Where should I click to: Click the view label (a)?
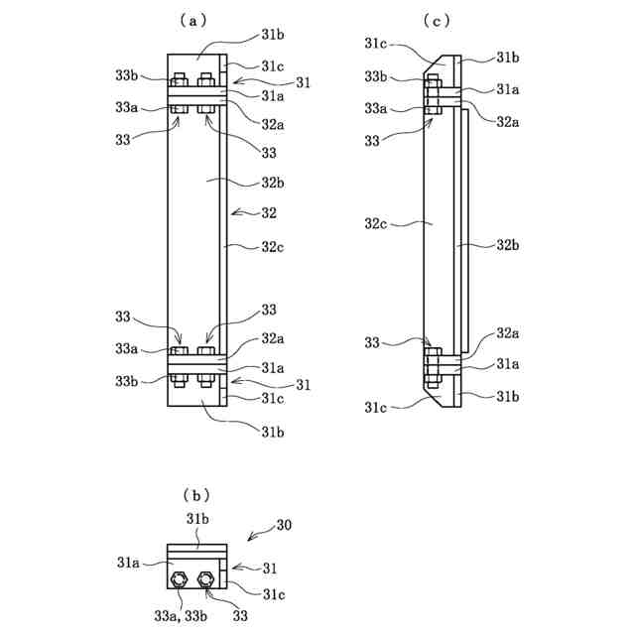[192, 20]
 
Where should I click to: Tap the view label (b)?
[196, 495]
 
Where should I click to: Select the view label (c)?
[437, 20]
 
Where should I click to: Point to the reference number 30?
[284, 525]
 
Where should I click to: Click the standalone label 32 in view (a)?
[269, 213]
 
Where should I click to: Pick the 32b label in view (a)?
[273, 183]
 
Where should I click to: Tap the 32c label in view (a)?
[273, 247]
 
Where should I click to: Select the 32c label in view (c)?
[375, 223]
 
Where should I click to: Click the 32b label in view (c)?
[508, 245]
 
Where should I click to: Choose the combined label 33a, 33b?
[181, 616]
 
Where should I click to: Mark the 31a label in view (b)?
[128, 563]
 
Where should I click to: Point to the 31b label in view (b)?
[197, 519]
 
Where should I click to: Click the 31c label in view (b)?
[274, 594]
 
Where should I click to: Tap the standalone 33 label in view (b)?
[240, 616]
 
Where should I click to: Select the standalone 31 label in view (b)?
[270, 569]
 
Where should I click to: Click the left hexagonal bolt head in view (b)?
[179, 579]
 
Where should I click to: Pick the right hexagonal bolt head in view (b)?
[205, 579]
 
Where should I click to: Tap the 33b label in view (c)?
[375, 76]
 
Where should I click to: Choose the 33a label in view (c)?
[375, 108]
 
